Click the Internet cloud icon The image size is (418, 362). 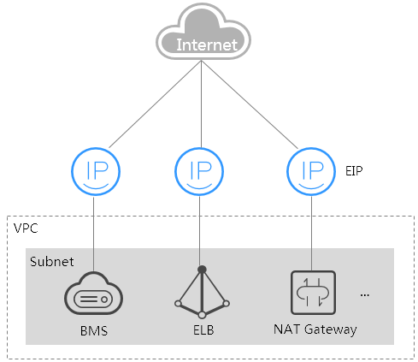[x=203, y=32]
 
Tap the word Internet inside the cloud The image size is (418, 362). [x=207, y=45]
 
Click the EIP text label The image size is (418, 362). [x=354, y=171]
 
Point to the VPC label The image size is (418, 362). [x=26, y=228]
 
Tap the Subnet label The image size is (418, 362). [x=52, y=262]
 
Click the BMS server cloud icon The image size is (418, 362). [x=93, y=294]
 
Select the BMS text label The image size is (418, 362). [x=94, y=331]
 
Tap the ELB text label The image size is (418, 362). [x=203, y=330]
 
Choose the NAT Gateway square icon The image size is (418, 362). [x=313, y=293]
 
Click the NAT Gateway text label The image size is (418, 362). [x=315, y=329]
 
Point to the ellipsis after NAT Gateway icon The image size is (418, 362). [x=365, y=295]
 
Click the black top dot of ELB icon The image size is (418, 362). [x=202, y=270]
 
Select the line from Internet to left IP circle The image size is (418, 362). [x=156, y=104]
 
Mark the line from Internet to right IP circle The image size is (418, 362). [x=250, y=104]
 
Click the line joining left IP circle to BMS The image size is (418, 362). [x=93, y=234]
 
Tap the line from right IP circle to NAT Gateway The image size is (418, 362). [x=311, y=234]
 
